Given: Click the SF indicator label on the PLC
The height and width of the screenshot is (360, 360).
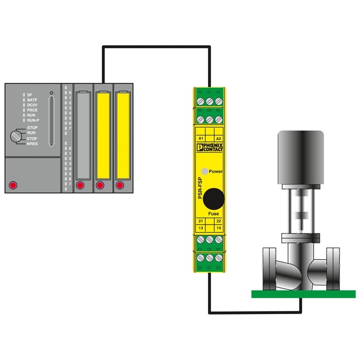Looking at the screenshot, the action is (x=30, y=95).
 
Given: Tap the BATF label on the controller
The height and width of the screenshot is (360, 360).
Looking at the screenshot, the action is (x=32, y=100).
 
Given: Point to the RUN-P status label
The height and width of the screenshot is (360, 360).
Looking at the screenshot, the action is (x=33, y=120).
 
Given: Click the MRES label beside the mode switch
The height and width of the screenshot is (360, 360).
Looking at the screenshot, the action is (x=32, y=144).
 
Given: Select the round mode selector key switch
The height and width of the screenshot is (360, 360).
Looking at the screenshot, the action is (x=16, y=136).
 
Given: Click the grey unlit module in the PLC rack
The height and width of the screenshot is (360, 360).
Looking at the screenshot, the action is (x=83, y=135).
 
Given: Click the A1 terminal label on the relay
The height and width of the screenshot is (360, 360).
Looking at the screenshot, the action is (x=201, y=139).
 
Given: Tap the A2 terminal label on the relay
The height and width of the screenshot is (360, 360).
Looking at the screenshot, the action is (x=219, y=139).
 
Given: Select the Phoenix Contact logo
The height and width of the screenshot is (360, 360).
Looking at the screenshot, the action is (x=210, y=147).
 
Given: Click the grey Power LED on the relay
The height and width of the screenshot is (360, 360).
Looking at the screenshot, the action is (x=205, y=171).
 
